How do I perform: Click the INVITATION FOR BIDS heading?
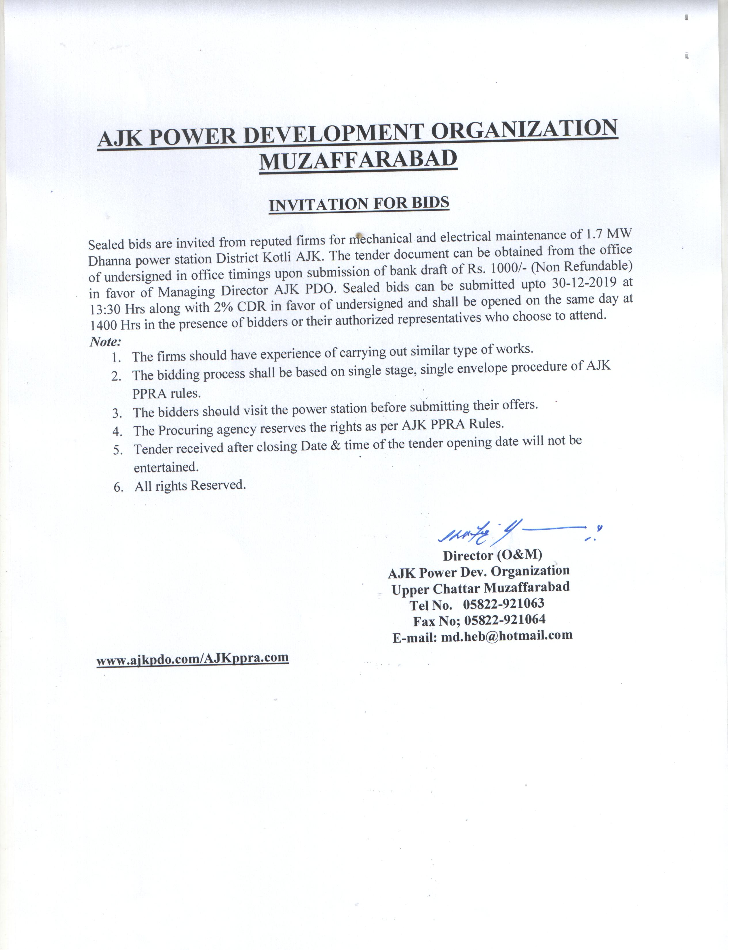[x=359, y=204]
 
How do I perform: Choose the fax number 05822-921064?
[x=504, y=620]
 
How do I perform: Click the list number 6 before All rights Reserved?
[x=118, y=487]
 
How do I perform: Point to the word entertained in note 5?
[x=166, y=467]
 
